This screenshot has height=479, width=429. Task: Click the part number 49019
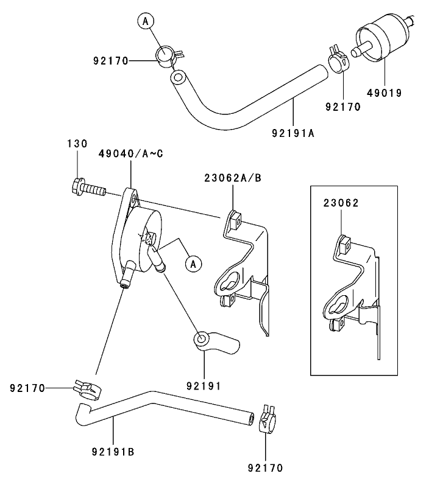coord(385,94)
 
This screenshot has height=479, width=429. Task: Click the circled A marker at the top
coord(145,21)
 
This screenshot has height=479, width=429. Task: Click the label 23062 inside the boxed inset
coord(341,203)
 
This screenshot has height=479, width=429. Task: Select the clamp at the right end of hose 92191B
coord(266,420)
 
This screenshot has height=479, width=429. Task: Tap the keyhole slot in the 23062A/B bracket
coord(228,283)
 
